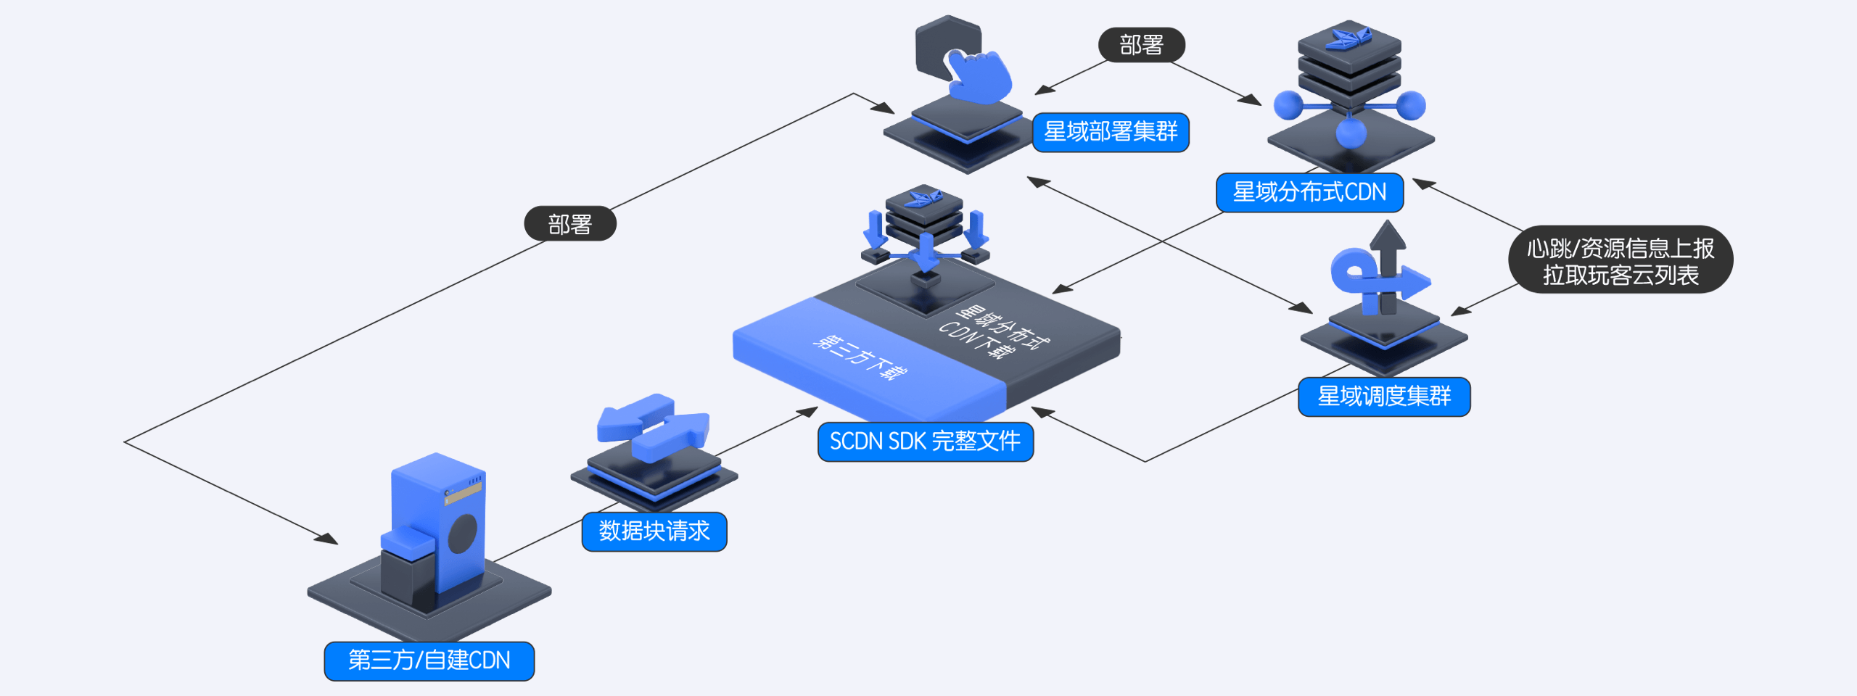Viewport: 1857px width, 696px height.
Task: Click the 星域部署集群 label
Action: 1110,132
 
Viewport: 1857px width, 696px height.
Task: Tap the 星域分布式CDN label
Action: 1309,192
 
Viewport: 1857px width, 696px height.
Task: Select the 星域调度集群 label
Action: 1384,397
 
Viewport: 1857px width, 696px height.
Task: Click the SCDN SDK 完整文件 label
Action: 925,442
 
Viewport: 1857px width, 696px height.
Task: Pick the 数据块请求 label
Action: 654,531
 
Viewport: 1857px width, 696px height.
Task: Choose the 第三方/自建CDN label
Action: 429,660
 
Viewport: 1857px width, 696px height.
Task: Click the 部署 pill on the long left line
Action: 570,224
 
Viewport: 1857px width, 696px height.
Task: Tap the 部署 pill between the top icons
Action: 1141,45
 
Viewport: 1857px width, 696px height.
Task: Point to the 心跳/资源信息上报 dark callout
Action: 1621,260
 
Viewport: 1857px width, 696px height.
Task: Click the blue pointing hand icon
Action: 979,76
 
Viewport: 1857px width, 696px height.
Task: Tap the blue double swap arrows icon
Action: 653,428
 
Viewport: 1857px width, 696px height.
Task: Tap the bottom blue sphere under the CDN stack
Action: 1351,133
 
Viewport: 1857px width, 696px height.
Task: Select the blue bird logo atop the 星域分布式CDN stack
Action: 1349,38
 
